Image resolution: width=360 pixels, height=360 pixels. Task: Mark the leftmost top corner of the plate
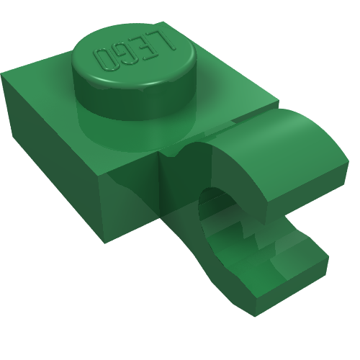(4, 73)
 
